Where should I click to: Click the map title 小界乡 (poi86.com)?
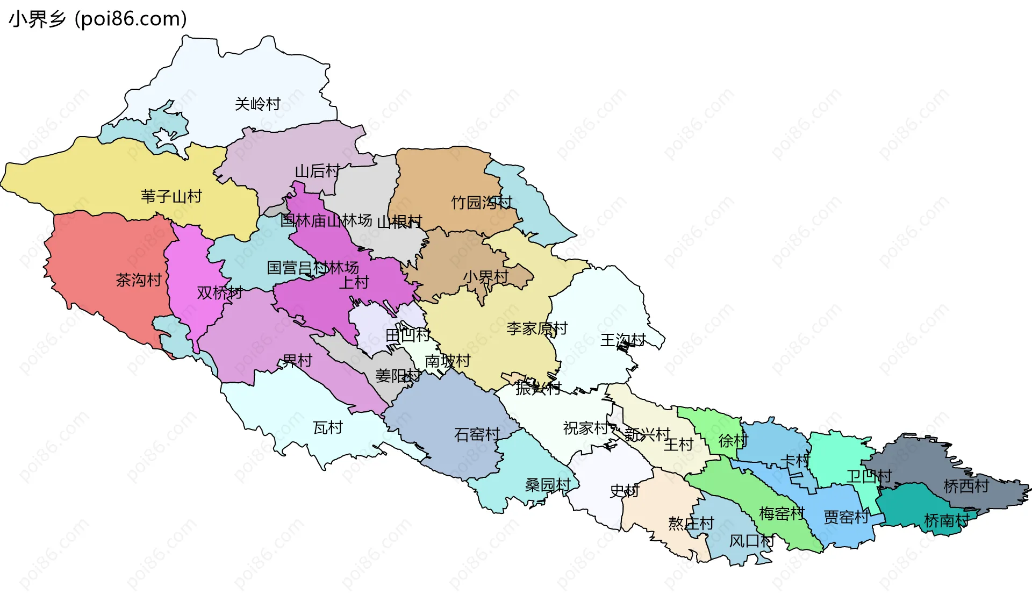(x=98, y=19)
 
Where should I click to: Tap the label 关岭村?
(x=257, y=104)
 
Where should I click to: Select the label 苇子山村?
(x=171, y=196)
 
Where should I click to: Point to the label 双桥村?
(x=219, y=293)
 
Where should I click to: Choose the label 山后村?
(x=317, y=171)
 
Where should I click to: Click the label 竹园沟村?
(x=481, y=203)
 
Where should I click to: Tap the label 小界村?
(x=485, y=277)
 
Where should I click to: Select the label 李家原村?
(x=536, y=328)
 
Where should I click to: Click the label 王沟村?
(x=622, y=340)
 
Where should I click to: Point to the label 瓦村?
(x=327, y=428)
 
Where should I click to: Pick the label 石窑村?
(x=477, y=434)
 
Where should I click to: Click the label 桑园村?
(x=547, y=485)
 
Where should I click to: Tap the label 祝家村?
(x=585, y=428)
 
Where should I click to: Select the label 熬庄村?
(x=691, y=523)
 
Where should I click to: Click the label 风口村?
(x=751, y=541)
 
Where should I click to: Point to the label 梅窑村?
(x=782, y=514)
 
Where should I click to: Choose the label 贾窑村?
(x=846, y=517)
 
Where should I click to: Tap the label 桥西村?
(x=966, y=486)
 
